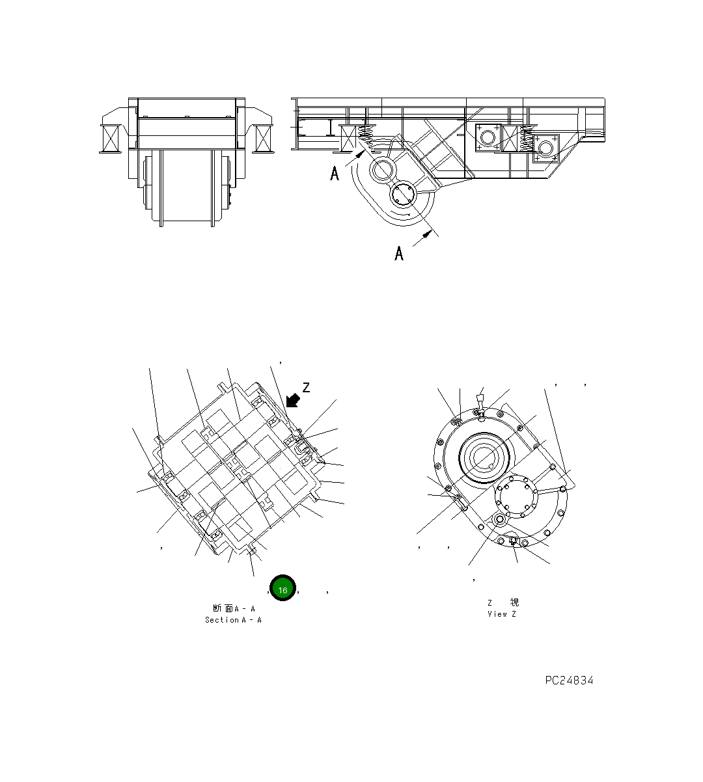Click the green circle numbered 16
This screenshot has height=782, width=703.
coord(283,589)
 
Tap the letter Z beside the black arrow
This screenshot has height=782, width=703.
coord(306,388)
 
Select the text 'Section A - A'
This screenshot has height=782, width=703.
coord(233,620)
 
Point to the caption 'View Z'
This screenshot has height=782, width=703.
coord(501,614)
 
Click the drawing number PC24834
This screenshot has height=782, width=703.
coord(569,681)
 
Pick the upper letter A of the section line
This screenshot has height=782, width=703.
coord(335,174)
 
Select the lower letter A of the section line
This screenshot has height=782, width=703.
coord(399,253)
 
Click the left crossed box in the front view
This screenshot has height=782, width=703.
coord(109,138)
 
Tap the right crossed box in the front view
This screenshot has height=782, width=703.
coord(264,138)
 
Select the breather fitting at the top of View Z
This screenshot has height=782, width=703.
coord(480,403)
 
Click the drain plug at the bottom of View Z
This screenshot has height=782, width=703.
coord(512,541)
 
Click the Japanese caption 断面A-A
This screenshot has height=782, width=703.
coord(234,608)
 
